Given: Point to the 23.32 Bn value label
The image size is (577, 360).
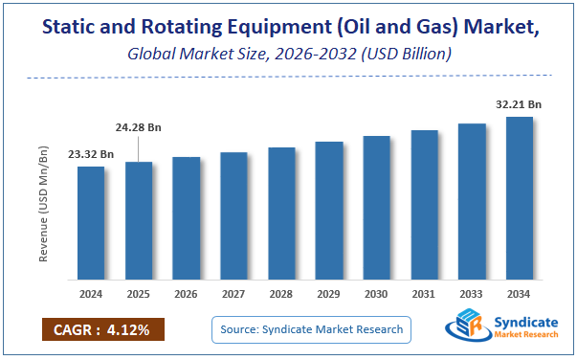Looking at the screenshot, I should coord(91,154).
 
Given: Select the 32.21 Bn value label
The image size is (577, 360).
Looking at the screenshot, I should coord(520,103).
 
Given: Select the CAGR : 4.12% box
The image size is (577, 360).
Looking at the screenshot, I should coord(102,330).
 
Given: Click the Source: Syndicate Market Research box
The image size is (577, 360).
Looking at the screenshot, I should coord(311,330).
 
